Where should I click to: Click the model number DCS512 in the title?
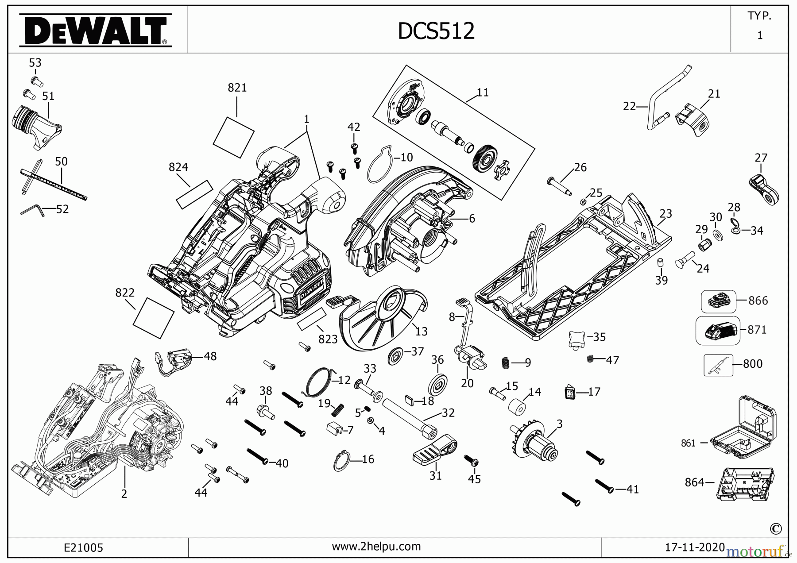click(x=436, y=31)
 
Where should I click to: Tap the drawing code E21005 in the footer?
click(x=83, y=548)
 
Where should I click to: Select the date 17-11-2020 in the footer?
click(x=695, y=547)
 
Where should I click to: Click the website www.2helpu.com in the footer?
click(x=376, y=546)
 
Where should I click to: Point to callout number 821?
click(x=237, y=88)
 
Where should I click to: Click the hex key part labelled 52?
click(x=32, y=210)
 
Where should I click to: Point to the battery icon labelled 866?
click(x=718, y=301)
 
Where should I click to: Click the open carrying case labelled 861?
click(x=744, y=427)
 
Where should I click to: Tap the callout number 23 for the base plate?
click(x=665, y=214)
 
